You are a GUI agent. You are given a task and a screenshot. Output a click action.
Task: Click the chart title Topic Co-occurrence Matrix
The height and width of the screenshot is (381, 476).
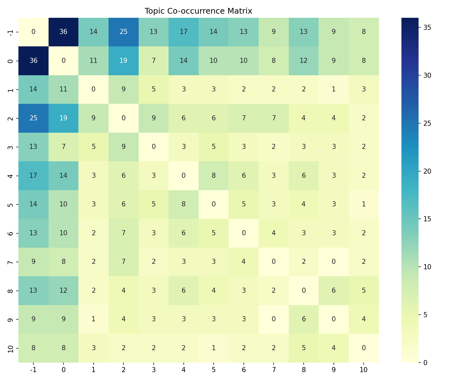[198, 11]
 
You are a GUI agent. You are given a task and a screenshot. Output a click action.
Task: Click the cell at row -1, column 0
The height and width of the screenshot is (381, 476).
[63, 32]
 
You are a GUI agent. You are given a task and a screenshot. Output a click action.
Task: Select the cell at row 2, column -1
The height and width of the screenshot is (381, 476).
[33, 118]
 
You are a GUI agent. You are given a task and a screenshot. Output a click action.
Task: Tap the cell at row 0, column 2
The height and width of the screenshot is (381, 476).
[123, 61]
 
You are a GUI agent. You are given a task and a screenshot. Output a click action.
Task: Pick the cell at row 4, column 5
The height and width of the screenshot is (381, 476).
[214, 176]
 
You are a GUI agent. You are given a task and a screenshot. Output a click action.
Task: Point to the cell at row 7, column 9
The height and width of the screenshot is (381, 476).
[334, 262]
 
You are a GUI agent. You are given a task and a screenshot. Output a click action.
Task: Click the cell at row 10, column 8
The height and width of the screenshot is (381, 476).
[304, 348]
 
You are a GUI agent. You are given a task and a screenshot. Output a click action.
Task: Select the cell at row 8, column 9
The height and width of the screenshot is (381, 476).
[334, 291]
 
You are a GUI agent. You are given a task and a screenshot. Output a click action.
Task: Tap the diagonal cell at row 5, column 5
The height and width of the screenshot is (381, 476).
[214, 204]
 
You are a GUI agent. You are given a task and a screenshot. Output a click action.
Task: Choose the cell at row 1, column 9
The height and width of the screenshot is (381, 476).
[334, 90]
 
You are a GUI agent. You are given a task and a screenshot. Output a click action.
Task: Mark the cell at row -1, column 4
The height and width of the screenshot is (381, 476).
[183, 32]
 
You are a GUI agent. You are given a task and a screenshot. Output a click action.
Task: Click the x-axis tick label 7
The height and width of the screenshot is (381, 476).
[274, 370]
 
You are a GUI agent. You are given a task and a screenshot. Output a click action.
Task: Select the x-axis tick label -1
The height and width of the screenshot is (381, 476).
[33, 370]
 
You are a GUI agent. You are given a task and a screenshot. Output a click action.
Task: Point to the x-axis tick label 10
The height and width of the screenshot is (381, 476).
[364, 370]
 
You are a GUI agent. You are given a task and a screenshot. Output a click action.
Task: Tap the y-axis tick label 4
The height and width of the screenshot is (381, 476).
[10, 176]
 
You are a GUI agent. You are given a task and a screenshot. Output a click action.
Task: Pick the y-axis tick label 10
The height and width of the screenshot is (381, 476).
[10, 348]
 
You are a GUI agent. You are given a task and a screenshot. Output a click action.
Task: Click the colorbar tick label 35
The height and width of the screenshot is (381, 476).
[427, 27]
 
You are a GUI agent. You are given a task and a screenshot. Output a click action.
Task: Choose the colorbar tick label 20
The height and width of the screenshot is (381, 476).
[427, 171]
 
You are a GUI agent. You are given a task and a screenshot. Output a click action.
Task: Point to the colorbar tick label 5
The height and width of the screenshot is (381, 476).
[426, 315]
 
